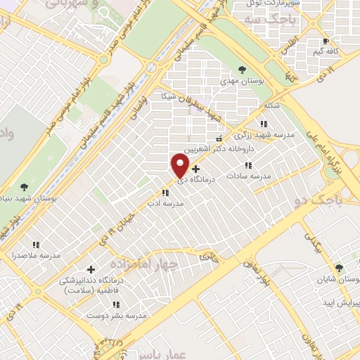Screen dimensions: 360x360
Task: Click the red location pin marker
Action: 180,165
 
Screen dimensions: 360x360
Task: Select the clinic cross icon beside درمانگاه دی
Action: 195,169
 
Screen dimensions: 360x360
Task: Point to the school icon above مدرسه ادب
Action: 165,192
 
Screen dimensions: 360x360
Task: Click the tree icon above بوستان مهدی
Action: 243,70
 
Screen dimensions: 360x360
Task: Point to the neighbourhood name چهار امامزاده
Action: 150,261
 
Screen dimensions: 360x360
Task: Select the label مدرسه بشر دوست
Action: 116,316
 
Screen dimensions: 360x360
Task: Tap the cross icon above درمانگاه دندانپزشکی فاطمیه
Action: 91,269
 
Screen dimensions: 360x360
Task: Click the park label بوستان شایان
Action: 340,278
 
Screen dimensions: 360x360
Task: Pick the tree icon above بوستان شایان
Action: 340,268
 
